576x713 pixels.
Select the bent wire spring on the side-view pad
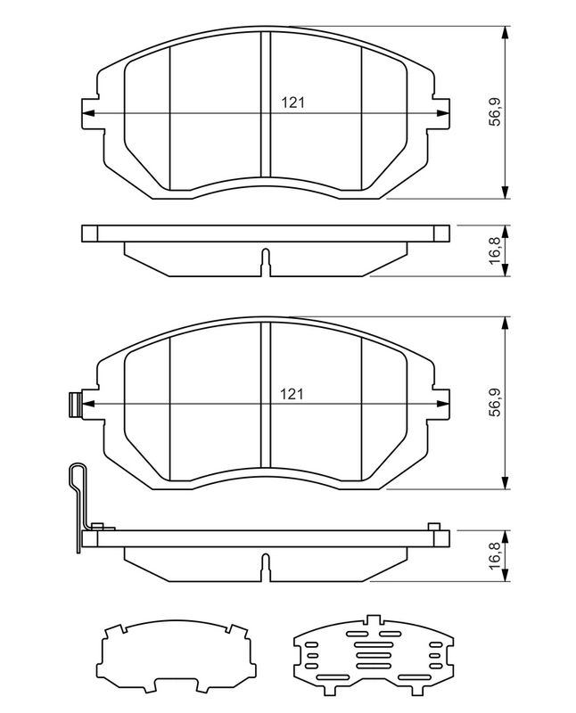tap(78, 499)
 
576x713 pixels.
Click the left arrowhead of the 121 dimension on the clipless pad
tap(86, 113)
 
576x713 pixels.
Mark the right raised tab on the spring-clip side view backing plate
tap(434, 528)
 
